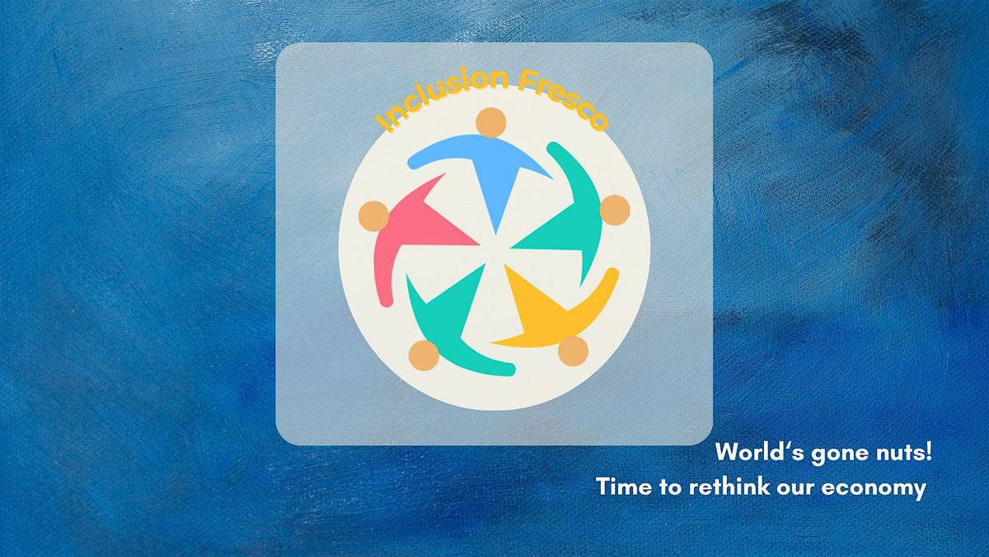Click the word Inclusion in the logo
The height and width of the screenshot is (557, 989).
(442, 95)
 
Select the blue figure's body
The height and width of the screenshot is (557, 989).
(490, 172)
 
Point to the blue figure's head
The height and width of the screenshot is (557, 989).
(491, 122)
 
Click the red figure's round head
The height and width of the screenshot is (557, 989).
(373, 216)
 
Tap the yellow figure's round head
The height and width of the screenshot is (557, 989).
(573, 351)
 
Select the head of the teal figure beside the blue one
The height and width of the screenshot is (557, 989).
(615, 210)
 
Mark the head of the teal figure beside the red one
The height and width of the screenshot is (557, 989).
(424, 356)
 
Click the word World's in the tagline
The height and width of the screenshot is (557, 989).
(759, 452)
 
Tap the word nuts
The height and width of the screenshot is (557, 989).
(898, 453)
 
